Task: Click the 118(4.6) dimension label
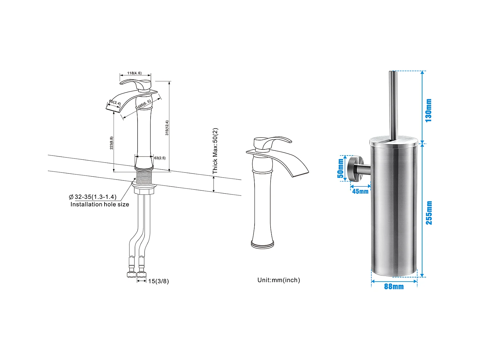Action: pyautogui.click(x=134, y=73)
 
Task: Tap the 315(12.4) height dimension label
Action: pyautogui.click(x=167, y=128)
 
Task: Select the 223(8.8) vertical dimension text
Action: pyautogui.click(x=111, y=143)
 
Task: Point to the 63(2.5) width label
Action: pyautogui.click(x=160, y=158)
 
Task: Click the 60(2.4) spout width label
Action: pyautogui.click(x=115, y=102)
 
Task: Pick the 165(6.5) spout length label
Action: pyautogui.click(x=144, y=103)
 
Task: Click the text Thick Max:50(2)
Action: pyautogui.click(x=215, y=151)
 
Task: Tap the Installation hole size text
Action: pyautogui.click(x=100, y=204)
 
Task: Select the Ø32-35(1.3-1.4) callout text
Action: pyautogui.click(x=92, y=197)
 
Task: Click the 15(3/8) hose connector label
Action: pyautogui.click(x=159, y=281)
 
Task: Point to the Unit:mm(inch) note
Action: pyautogui.click(x=279, y=280)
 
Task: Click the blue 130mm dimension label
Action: pyautogui.click(x=429, y=110)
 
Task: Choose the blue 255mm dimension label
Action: pyautogui.click(x=429, y=213)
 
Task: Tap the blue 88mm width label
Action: pyautogui.click(x=394, y=286)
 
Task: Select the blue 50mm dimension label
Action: pyautogui.click(x=340, y=169)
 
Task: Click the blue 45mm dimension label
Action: pyautogui.click(x=360, y=191)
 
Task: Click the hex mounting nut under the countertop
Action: pyautogui.click(x=144, y=191)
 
